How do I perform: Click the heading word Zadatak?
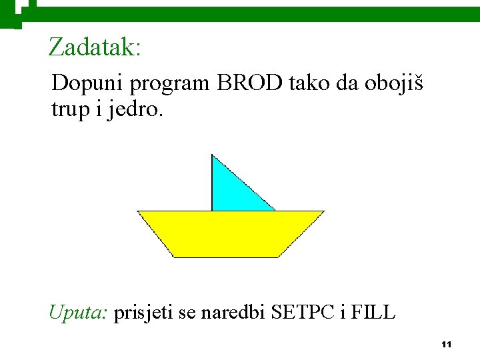click(x=94, y=47)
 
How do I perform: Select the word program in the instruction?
click(x=170, y=85)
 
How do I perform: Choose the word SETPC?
click(x=301, y=311)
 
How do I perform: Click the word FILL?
click(x=373, y=311)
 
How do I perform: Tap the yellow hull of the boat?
click(x=230, y=233)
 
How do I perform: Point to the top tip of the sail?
click(x=212, y=155)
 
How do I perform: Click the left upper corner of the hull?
click(x=139, y=212)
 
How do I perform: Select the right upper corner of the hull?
click(x=323, y=212)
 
